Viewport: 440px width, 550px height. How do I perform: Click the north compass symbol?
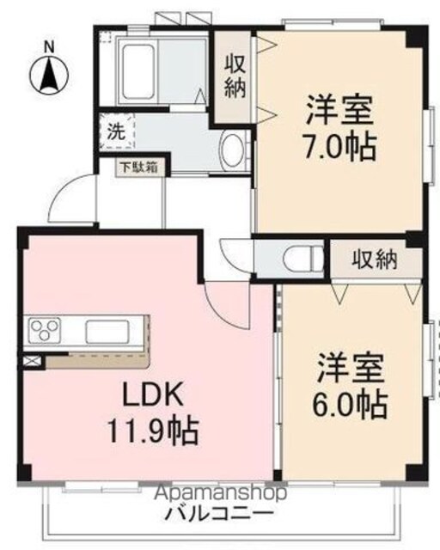click(49, 75)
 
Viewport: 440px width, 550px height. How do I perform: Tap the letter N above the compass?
click(49, 47)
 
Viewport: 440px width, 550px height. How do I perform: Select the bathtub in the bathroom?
click(137, 72)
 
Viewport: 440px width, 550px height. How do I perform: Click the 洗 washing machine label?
click(116, 131)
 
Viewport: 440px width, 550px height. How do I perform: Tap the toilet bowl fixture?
click(302, 260)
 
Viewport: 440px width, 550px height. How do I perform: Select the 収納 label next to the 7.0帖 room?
click(235, 77)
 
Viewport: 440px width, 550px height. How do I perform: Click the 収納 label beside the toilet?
click(375, 260)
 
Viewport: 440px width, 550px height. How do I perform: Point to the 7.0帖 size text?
click(340, 147)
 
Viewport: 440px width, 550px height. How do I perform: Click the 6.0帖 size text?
click(350, 405)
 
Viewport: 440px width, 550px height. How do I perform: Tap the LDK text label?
click(152, 394)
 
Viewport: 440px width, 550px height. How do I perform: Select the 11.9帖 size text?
click(153, 431)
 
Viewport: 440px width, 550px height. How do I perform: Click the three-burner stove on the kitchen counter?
click(44, 330)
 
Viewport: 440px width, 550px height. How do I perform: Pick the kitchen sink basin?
click(107, 332)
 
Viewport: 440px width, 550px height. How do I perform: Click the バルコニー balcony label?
click(219, 515)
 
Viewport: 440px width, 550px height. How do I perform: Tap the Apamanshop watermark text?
click(221, 494)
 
